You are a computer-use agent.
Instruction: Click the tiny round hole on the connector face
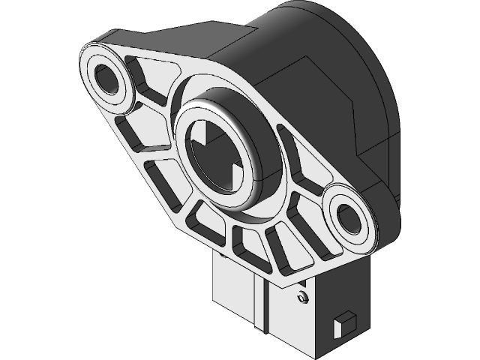pos(301,298)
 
